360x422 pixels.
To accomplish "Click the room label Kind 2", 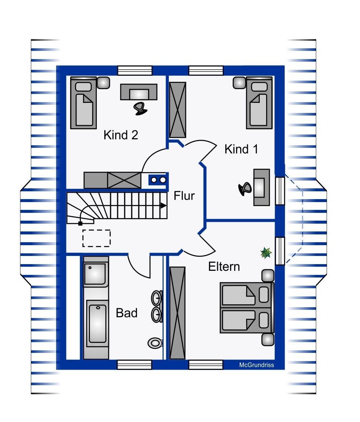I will click(121, 134).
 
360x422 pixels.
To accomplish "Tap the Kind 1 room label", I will click(241, 149).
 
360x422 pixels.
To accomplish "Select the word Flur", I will click(184, 195).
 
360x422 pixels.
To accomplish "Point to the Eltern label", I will click(224, 267).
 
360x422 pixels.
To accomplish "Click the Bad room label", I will click(127, 313).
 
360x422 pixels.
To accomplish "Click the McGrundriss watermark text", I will click(256, 365).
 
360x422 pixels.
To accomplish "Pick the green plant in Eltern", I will click(266, 253).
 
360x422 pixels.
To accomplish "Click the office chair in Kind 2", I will click(140, 108).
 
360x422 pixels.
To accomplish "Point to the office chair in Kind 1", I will click(245, 189).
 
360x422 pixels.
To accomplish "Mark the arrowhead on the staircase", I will click(163, 205).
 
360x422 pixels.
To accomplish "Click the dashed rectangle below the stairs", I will click(96, 238).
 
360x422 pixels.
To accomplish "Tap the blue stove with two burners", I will click(159, 180).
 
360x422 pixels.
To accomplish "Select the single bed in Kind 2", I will click(84, 103).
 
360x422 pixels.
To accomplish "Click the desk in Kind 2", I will click(139, 91).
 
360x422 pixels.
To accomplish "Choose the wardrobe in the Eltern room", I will click(177, 313).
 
